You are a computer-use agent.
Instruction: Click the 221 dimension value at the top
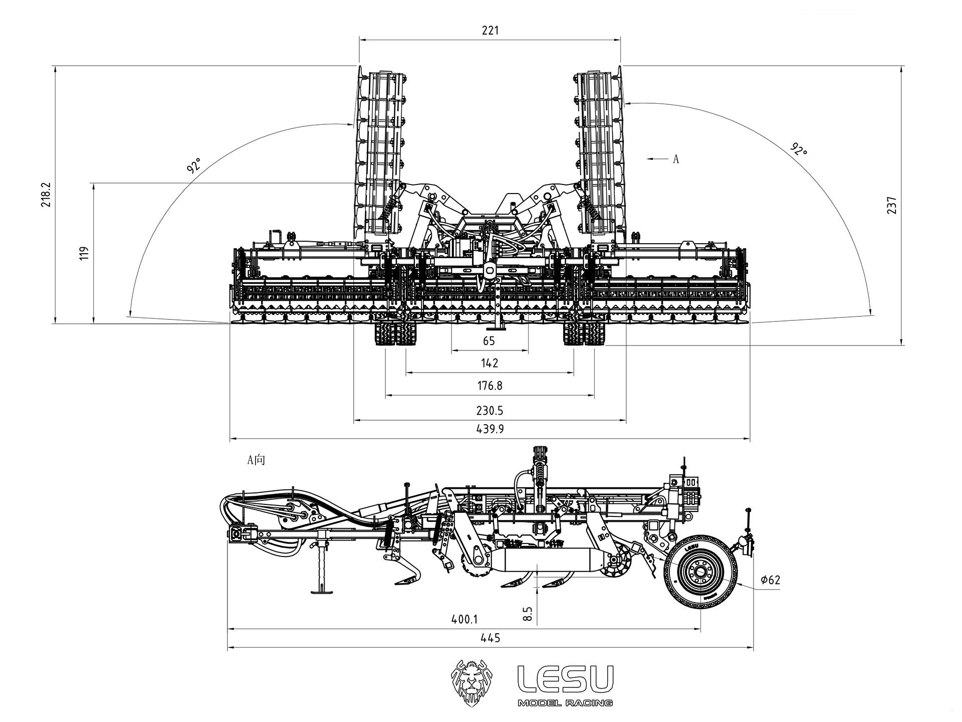pos(490,30)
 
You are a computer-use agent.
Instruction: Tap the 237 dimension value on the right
pos(891,205)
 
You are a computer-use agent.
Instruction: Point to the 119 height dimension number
pos(84,252)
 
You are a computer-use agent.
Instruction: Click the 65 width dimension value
pos(489,341)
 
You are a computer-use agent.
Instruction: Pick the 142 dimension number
pos(490,363)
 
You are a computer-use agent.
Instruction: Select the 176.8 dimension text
pos(490,386)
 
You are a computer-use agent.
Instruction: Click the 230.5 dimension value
pos(490,411)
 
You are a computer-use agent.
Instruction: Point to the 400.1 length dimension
pos(464,620)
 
